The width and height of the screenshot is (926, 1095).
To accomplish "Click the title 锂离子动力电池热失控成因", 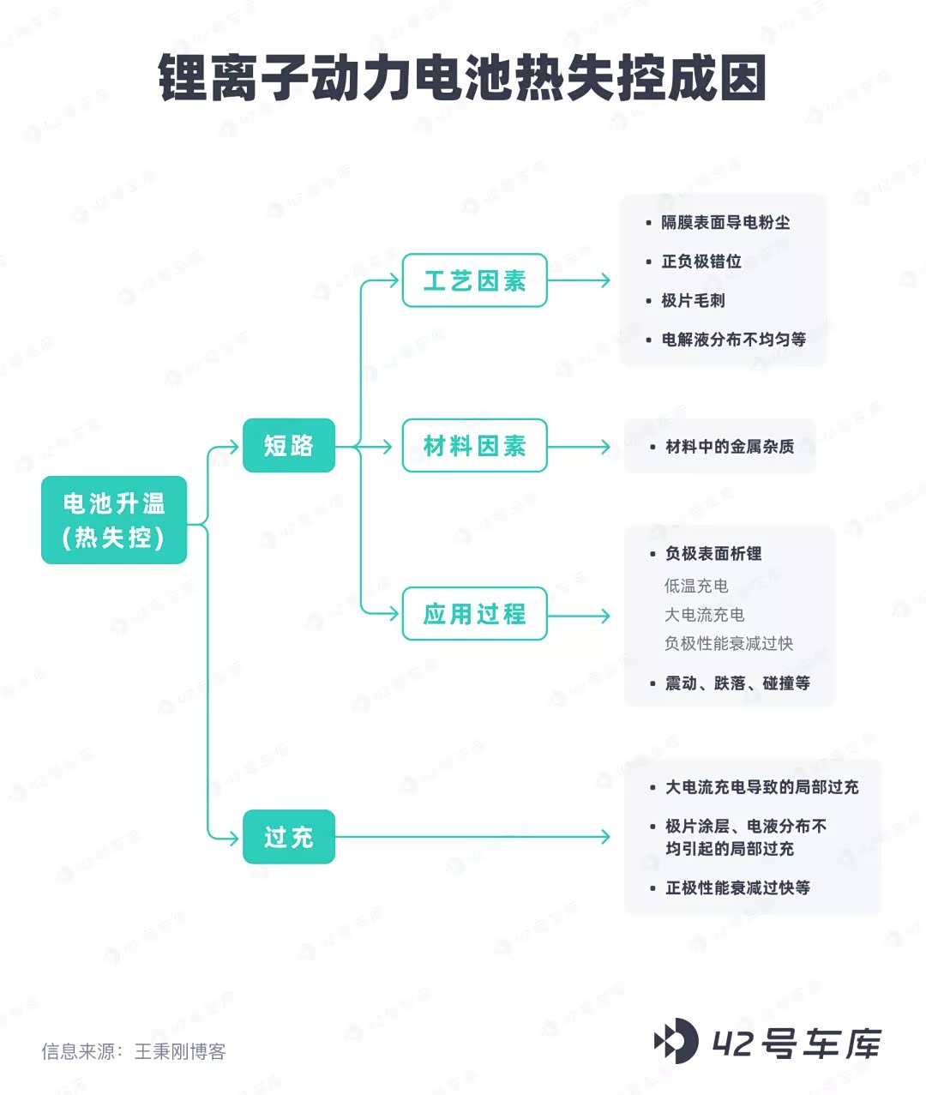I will click(462, 79).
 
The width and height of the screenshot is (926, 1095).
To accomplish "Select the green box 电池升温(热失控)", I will click(114, 520).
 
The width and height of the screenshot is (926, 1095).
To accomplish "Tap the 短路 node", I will click(288, 445).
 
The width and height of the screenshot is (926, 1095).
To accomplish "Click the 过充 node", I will click(288, 836).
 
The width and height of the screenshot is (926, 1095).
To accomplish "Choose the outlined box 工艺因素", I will click(474, 280).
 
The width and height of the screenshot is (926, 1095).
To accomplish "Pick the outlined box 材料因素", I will click(474, 446).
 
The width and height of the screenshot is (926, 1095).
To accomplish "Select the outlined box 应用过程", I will click(474, 614).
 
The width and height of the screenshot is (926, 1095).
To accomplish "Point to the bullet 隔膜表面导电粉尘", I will click(725, 222).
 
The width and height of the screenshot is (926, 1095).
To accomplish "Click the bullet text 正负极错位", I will click(701, 262).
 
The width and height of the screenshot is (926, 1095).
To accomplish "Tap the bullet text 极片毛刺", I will click(693, 300).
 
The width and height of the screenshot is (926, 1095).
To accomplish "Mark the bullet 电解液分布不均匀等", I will click(733, 340).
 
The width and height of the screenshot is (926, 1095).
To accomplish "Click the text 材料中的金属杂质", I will click(729, 447).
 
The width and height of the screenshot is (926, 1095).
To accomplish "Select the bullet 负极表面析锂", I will click(713, 554).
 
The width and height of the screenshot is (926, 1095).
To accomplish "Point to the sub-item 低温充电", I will click(696, 586).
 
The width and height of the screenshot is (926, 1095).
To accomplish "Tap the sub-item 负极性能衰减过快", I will click(729, 643).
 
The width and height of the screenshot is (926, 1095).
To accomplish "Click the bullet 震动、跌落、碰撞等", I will click(737, 683).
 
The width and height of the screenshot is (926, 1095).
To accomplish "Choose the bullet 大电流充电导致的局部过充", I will click(761, 787).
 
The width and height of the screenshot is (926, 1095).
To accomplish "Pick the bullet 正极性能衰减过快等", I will click(737, 887).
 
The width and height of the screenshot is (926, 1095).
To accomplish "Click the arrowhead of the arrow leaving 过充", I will click(605, 836).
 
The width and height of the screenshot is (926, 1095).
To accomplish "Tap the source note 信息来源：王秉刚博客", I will click(134, 1051).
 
